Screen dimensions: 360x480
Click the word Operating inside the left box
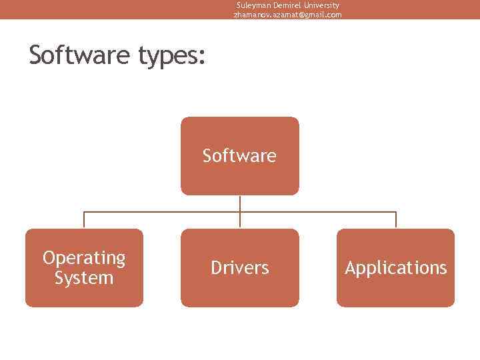84,258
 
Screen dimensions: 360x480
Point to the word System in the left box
84,277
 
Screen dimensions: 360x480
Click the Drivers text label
240,268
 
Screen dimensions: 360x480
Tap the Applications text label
395,268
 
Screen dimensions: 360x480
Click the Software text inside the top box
239,156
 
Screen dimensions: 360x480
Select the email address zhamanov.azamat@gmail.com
287,15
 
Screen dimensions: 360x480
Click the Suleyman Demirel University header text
287,5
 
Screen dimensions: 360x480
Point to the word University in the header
322,5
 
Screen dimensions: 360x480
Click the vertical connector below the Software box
240,203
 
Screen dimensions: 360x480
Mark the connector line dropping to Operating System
84,221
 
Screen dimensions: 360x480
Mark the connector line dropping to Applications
396,221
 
